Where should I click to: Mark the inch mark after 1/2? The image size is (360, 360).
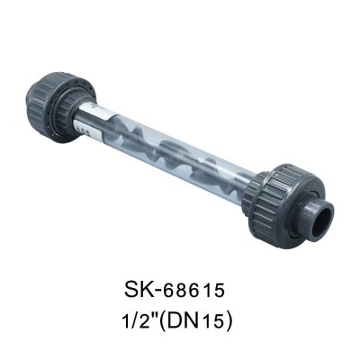coord(161,317)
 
